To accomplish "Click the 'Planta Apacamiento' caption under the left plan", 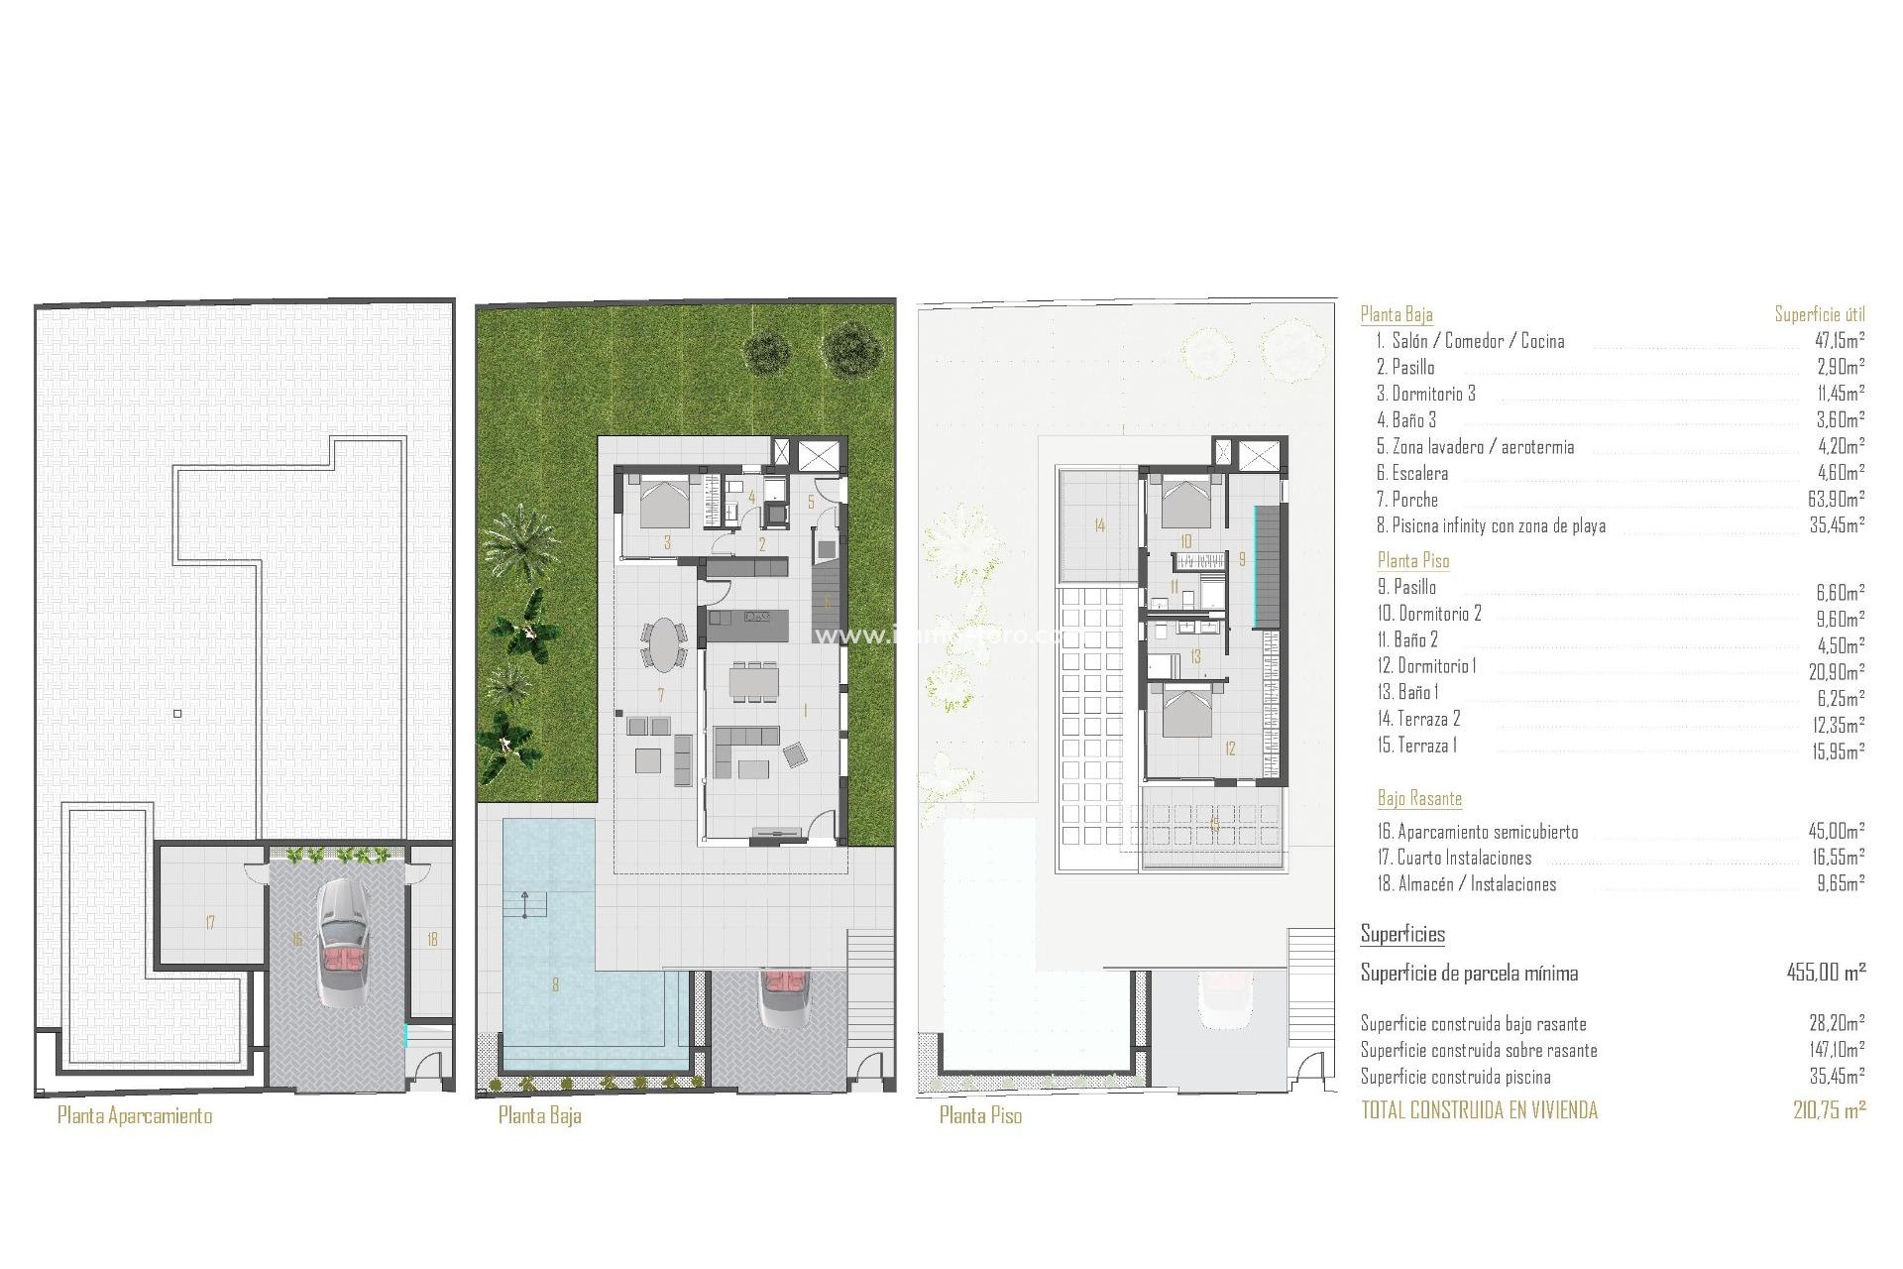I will [135, 1115].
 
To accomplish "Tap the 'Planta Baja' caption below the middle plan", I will [539, 1115].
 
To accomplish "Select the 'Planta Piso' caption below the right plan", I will [980, 1115].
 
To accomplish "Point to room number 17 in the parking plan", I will [210, 923].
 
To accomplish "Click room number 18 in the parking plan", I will [432, 939].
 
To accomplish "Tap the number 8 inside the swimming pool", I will [555, 984].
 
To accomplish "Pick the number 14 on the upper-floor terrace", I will [1099, 525].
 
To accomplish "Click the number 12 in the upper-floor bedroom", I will [1230, 749].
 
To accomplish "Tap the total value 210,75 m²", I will [1829, 1110].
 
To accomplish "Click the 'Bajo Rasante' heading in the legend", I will [1419, 798].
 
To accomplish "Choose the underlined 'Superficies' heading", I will [1402, 934].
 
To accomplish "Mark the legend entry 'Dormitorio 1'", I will [1435, 666].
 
